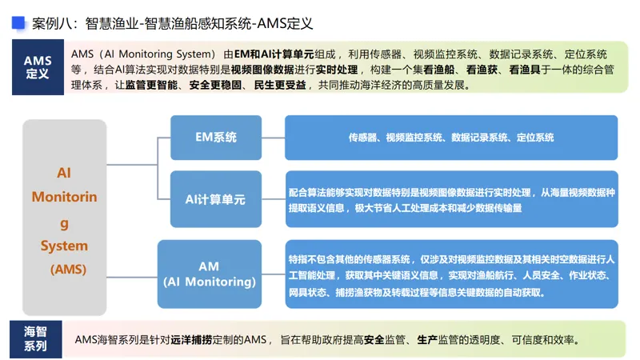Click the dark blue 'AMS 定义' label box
pos(38,67)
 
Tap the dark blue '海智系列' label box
pos(35,339)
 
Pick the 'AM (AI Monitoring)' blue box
pos(209,274)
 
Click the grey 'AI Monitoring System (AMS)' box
pos(64,217)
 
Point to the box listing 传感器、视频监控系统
pos(451,138)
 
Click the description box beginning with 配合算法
pos(451,199)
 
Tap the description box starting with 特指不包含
pos(451,274)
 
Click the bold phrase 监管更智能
pos(152,85)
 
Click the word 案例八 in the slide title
pos(50,24)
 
